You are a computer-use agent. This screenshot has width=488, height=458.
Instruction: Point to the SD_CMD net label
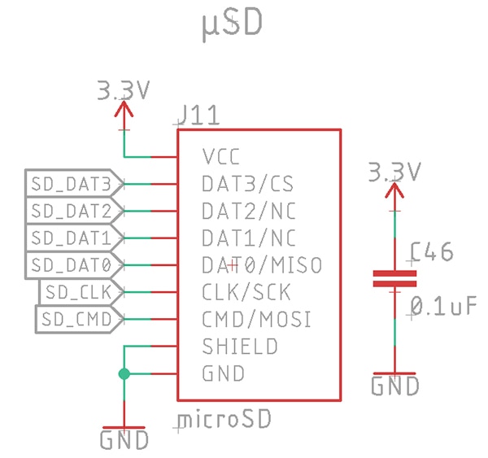click(79, 318)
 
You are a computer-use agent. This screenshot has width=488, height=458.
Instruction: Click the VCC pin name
click(222, 156)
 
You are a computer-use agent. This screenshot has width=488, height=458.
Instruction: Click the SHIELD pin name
click(239, 347)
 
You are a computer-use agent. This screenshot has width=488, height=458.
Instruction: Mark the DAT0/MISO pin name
click(261, 264)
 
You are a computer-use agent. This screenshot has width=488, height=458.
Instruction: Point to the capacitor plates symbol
click(394, 279)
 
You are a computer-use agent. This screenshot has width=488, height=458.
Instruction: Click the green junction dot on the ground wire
click(124, 374)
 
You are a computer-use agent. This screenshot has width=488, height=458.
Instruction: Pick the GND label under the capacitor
click(395, 386)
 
